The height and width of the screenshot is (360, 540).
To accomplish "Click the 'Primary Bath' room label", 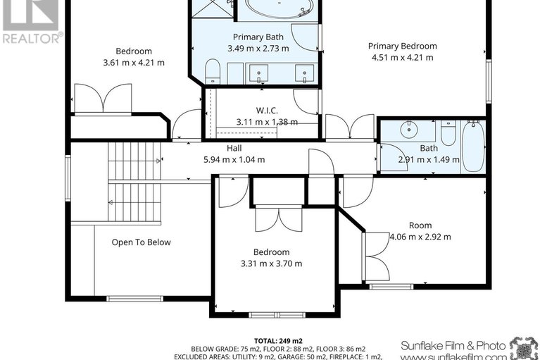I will click(x=254, y=37).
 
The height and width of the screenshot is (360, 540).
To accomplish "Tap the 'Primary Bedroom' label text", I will click(x=402, y=46).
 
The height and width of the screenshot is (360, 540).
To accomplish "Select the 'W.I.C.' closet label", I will click(x=266, y=110).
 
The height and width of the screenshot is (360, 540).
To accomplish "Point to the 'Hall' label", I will click(x=234, y=148).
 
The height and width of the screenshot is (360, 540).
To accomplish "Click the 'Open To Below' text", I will click(x=141, y=242).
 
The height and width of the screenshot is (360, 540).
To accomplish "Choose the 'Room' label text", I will click(x=420, y=225).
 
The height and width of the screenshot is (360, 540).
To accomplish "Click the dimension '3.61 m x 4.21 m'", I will click(x=133, y=62).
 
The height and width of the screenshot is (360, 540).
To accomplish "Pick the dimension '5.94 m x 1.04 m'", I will click(x=234, y=159).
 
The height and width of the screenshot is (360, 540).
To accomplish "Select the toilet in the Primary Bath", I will click(x=213, y=70).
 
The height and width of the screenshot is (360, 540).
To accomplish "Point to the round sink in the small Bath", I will click(x=408, y=130).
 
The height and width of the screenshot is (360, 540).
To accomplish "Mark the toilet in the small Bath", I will click(x=448, y=133).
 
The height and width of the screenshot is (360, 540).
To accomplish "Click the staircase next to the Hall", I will click(x=134, y=180).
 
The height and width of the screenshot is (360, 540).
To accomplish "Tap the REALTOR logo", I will click(x=31, y=21).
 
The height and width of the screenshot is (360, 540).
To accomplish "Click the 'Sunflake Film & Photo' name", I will click(x=453, y=345).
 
